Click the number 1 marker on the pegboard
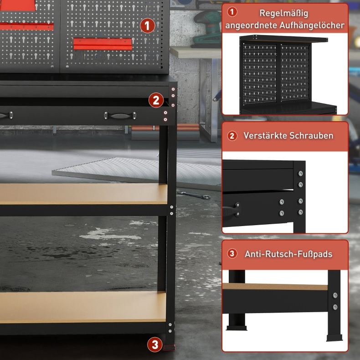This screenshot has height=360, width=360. point(147,26)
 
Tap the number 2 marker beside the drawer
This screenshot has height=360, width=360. point(156,100)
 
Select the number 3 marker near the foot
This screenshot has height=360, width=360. point(155,345)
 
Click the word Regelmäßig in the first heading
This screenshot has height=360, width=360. point(284,14)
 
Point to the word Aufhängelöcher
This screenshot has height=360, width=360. point(312,25)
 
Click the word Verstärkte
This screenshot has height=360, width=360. point(264,135)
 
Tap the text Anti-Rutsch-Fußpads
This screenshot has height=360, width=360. point(288,254)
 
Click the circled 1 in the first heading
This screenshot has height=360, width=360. point(232,12)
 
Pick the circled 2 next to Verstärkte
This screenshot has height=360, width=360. point(232,136)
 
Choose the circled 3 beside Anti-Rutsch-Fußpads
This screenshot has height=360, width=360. point(232,254)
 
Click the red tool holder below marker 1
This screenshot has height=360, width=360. point(103,44)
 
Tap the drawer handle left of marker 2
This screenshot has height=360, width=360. point(120,115)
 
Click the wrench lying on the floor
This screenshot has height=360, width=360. point(195,195)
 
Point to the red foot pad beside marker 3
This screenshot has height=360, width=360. point(169,348)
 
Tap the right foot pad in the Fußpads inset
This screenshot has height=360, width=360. point(334,338)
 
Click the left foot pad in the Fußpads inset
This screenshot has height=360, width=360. point(237,328)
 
